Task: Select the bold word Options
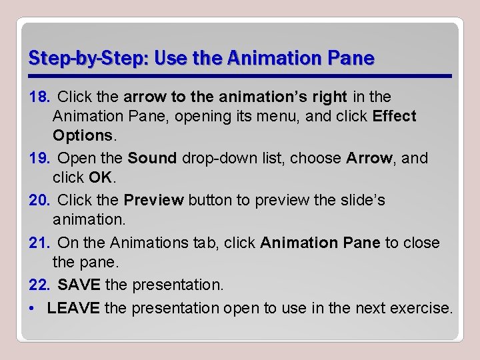pyautogui.click(x=83, y=135)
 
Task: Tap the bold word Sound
pyautogui.click(x=152, y=159)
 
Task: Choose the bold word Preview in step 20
pyautogui.click(x=153, y=200)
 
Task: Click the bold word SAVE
pyautogui.click(x=79, y=285)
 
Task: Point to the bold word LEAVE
pyautogui.click(x=73, y=308)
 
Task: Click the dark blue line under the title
pyautogui.click(x=240, y=76)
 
